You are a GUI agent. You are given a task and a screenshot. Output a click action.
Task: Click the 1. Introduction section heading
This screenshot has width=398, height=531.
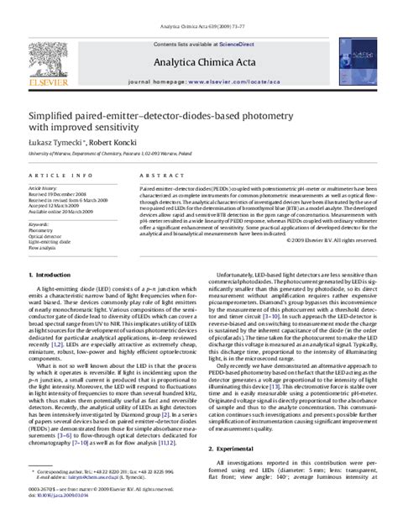pyautogui.click(x=51, y=298)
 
